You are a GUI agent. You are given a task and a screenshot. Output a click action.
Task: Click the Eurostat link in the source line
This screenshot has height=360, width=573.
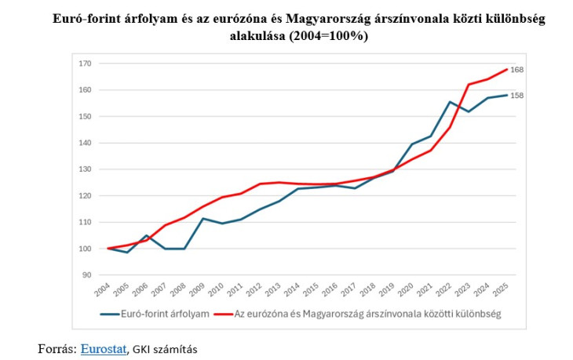(104, 348)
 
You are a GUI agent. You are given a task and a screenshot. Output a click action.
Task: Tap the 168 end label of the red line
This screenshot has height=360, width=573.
(516, 71)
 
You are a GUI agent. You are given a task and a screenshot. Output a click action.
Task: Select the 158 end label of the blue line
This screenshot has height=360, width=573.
(516, 96)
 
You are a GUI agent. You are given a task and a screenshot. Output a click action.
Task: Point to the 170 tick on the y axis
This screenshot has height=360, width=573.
(86, 64)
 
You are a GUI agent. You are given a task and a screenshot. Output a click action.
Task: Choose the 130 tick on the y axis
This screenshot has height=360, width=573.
(86, 169)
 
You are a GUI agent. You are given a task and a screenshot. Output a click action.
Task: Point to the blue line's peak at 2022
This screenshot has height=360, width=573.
(450, 102)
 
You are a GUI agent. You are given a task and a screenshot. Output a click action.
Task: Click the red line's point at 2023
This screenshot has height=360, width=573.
(469, 85)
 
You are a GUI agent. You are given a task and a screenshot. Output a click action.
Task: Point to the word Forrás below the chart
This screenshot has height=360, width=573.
(57, 348)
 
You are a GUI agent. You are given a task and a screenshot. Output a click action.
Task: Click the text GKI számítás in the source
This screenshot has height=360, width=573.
(164, 348)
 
